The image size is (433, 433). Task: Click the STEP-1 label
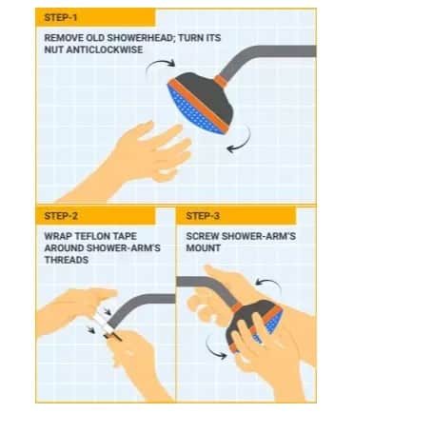60,17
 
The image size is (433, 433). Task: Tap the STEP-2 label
61,216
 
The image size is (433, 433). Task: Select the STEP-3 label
203,216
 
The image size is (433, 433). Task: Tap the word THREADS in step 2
67,260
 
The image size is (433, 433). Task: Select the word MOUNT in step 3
204,248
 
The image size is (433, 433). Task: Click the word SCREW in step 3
203,236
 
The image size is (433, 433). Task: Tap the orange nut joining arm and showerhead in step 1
221,81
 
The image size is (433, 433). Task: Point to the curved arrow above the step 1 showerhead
159,65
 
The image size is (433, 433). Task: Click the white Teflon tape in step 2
105,320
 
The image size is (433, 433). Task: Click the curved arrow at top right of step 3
269,284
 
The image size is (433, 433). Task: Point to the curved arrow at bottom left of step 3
212,349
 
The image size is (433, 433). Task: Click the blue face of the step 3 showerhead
274,322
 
